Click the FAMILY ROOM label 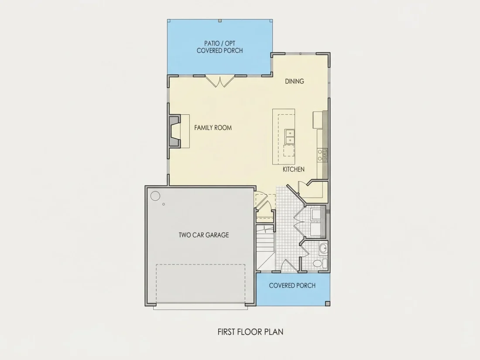(213, 128)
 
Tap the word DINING (295, 81)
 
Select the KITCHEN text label (294, 169)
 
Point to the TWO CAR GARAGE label (204, 235)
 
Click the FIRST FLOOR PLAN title (250, 332)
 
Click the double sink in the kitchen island (290, 137)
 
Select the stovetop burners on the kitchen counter (322, 155)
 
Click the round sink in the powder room (323, 249)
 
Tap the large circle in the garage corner (155, 196)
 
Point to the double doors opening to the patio (220, 81)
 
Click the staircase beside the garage (265, 247)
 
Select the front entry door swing (287, 265)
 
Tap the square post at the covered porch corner (328, 304)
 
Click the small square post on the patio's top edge (220, 21)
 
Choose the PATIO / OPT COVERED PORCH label (220, 47)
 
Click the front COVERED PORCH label (292, 286)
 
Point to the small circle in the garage (164, 204)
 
